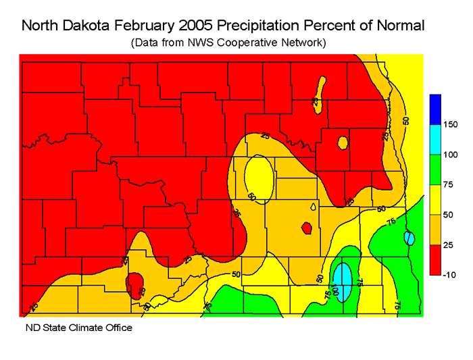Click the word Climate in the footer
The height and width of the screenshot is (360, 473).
pos(84,328)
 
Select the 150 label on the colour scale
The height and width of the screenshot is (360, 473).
pos(449,124)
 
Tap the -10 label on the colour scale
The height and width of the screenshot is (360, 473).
pos(449,275)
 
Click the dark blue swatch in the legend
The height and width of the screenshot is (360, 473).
pos(434,109)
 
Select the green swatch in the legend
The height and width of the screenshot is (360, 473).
pos(434,170)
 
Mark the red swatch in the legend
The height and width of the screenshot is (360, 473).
pos(434,260)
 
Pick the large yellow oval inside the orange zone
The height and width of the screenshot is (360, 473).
pos(258,178)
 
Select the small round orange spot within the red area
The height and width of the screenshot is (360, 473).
pos(343,143)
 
